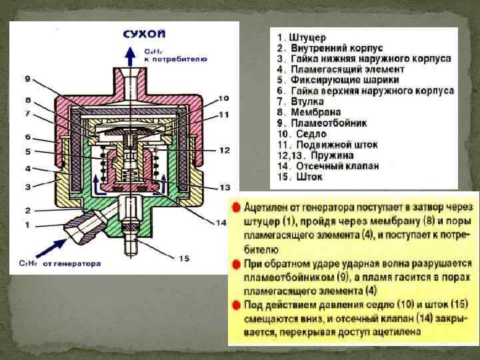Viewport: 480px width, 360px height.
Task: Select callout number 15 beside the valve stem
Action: tap(184, 257)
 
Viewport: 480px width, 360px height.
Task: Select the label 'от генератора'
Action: tap(72, 263)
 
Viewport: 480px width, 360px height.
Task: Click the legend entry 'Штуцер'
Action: tap(308, 37)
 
